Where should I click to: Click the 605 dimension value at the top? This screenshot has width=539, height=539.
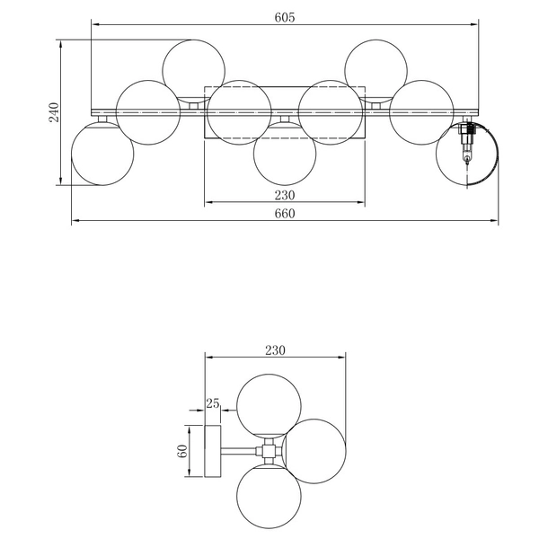285,17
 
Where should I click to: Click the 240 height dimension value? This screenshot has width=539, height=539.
54,112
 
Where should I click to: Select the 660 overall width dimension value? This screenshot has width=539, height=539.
285,214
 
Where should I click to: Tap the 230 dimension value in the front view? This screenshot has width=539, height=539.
285,195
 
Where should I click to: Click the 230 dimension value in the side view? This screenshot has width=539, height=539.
275,350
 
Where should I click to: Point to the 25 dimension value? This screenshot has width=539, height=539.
212,403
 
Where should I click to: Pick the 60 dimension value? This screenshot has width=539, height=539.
182,451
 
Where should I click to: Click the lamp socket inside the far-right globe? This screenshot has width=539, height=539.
467,142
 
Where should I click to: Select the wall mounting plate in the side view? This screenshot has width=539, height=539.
213,451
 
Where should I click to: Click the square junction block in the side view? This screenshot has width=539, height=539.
269,451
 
